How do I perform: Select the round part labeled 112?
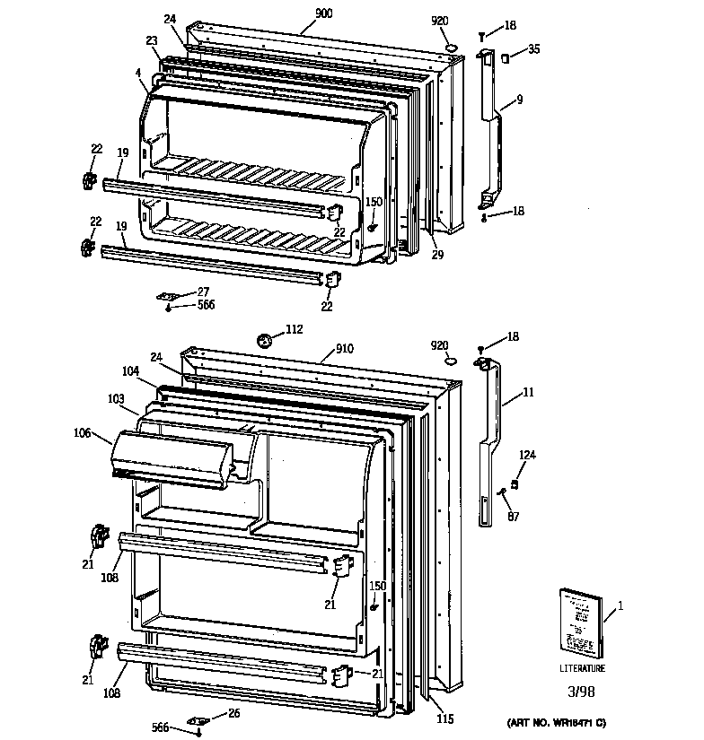click(x=265, y=340)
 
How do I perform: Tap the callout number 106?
click(x=84, y=433)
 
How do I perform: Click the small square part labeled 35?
click(x=506, y=58)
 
